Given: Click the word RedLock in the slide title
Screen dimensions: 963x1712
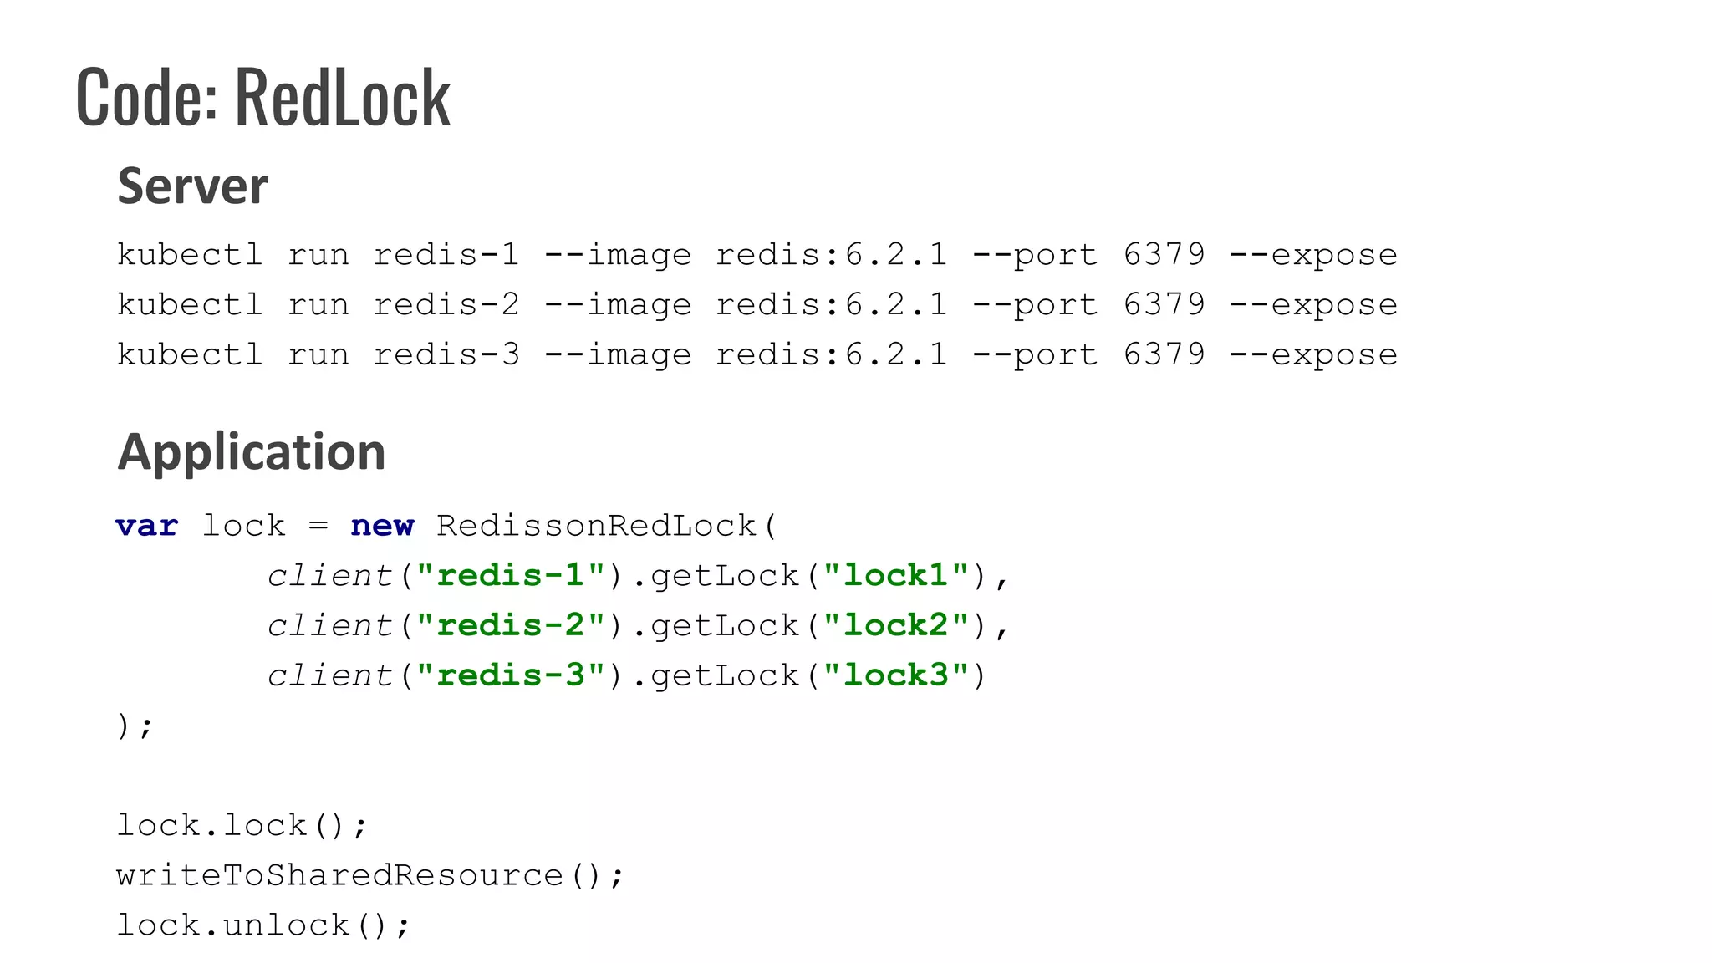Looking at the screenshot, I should (343, 98).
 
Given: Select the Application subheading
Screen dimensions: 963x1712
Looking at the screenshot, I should (251, 451).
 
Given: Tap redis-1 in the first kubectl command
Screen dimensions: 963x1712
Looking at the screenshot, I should (446, 254).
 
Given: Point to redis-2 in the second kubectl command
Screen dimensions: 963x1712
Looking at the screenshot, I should (446, 304).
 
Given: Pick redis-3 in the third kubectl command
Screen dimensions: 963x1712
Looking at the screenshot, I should (446, 354).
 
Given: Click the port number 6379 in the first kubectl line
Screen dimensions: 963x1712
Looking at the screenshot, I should (1164, 254).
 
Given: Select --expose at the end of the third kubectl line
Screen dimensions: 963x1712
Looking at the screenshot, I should (1312, 354).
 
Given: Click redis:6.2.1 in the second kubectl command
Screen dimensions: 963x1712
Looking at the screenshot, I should (831, 304).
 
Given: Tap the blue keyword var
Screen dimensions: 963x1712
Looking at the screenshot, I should (147, 526).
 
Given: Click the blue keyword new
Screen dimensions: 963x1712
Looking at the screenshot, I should (382, 526).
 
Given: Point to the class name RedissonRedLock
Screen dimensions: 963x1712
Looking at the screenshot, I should (596, 526).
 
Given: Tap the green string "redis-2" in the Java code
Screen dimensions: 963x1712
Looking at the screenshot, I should (510, 625).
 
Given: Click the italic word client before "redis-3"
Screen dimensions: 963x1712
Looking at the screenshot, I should (329, 675).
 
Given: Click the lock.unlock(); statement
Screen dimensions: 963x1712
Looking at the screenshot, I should (262, 925).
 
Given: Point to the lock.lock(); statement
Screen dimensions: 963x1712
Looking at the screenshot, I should (241, 826).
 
